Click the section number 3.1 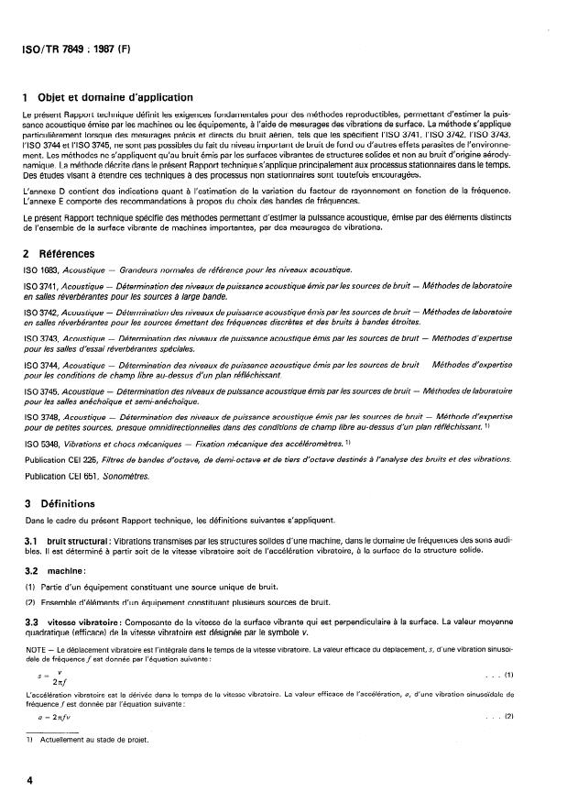click(33, 540)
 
